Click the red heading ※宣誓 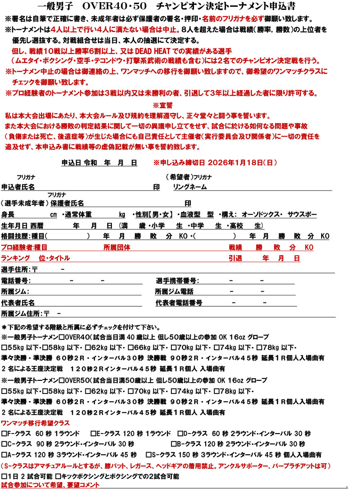coord(163,105)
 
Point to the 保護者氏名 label coord(67,203)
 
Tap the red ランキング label coord(16,258)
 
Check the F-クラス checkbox coord(5,434)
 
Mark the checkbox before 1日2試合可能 coord(5,476)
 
